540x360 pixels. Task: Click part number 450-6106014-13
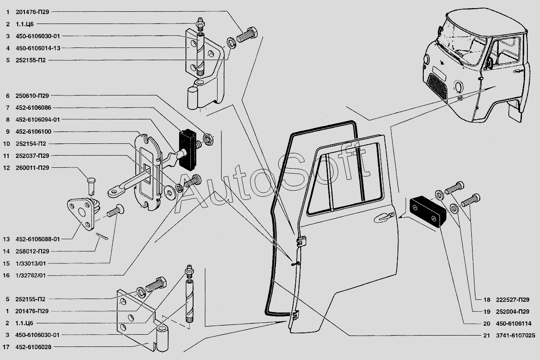(x=38, y=48)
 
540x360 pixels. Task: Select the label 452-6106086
(x=33, y=108)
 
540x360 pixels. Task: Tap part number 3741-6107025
(x=516, y=335)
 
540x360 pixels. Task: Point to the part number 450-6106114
(x=513, y=323)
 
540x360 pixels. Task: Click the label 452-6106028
(x=33, y=347)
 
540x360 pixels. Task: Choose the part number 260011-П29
(x=33, y=168)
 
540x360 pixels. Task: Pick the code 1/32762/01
(x=31, y=275)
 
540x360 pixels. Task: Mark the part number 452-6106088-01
(x=38, y=239)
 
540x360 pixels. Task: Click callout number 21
(x=486, y=335)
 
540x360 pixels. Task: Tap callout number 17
(x=6, y=347)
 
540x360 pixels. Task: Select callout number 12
(x=6, y=168)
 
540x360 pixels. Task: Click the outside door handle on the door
(x=384, y=217)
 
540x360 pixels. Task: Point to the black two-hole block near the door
(x=427, y=212)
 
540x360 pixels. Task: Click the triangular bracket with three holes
(x=81, y=213)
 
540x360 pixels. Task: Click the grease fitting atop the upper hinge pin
(x=199, y=24)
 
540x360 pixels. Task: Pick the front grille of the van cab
(x=437, y=85)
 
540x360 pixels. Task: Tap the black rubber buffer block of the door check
(x=188, y=150)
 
